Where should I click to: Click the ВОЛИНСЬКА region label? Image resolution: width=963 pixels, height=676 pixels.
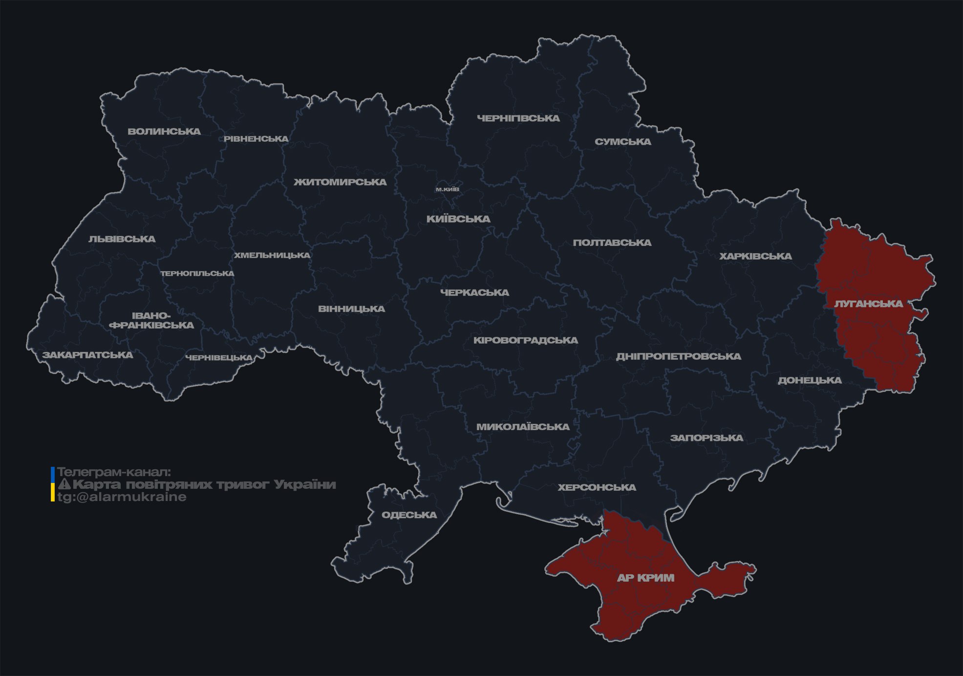[164, 131]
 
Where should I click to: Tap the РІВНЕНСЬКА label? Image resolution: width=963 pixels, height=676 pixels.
[256, 139]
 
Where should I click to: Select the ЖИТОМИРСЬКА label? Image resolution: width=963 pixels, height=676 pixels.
[340, 182]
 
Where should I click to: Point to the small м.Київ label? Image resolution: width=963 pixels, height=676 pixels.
[448, 189]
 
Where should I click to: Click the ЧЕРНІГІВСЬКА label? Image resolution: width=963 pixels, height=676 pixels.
[518, 118]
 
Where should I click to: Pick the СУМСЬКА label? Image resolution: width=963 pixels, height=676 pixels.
[623, 142]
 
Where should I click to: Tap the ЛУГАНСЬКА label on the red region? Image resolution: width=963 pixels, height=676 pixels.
[869, 304]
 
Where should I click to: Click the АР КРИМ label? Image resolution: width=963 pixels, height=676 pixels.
[645, 578]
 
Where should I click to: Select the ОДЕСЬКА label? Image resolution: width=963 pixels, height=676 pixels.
[409, 515]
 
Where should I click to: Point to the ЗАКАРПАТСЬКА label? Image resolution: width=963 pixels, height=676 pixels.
[87, 355]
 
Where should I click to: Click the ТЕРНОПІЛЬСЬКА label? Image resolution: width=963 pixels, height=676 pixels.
[197, 273]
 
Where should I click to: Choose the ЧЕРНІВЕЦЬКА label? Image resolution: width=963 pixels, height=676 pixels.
[219, 358]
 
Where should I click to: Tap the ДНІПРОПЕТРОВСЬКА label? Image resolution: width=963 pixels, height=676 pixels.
[678, 356]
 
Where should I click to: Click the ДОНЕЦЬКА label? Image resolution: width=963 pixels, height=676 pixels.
[810, 380]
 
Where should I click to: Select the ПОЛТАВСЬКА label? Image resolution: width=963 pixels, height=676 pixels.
[612, 242]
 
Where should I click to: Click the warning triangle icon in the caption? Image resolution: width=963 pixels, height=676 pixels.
[64, 484]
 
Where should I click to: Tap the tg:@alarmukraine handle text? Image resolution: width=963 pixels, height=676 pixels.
[122, 497]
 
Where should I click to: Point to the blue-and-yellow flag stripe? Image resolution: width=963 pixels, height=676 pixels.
[53, 484]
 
